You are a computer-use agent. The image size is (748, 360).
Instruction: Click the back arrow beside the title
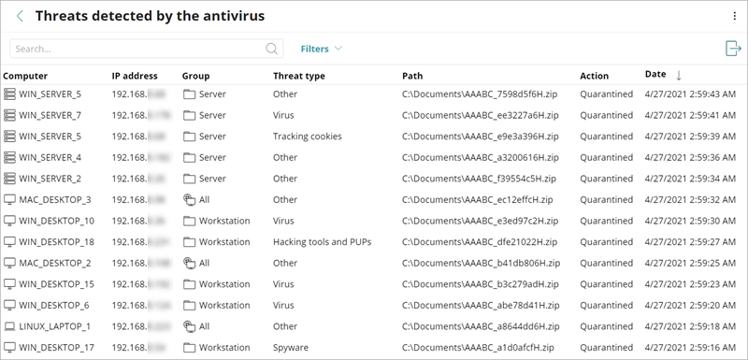click(x=20, y=16)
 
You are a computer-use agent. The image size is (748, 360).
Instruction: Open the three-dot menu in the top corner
click(x=734, y=16)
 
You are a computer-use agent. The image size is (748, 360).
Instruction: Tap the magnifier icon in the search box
click(x=273, y=49)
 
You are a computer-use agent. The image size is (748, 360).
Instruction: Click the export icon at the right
click(x=733, y=49)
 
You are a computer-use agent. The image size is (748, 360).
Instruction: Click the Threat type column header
click(x=299, y=76)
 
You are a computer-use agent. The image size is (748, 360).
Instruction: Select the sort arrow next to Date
click(x=679, y=75)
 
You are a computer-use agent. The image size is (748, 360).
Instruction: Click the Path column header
click(x=412, y=76)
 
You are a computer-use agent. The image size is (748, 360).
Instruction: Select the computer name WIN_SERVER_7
click(x=50, y=115)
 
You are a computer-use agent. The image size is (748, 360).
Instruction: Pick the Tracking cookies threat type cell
click(x=308, y=137)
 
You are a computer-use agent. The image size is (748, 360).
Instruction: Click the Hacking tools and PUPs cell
click(x=322, y=242)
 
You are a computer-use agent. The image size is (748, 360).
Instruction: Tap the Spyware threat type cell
click(x=292, y=348)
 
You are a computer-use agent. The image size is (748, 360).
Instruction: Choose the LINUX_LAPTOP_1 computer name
click(x=55, y=326)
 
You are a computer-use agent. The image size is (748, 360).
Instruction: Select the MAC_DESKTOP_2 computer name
click(x=55, y=264)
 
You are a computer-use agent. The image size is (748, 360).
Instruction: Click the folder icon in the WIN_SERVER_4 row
click(x=189, y=158)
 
